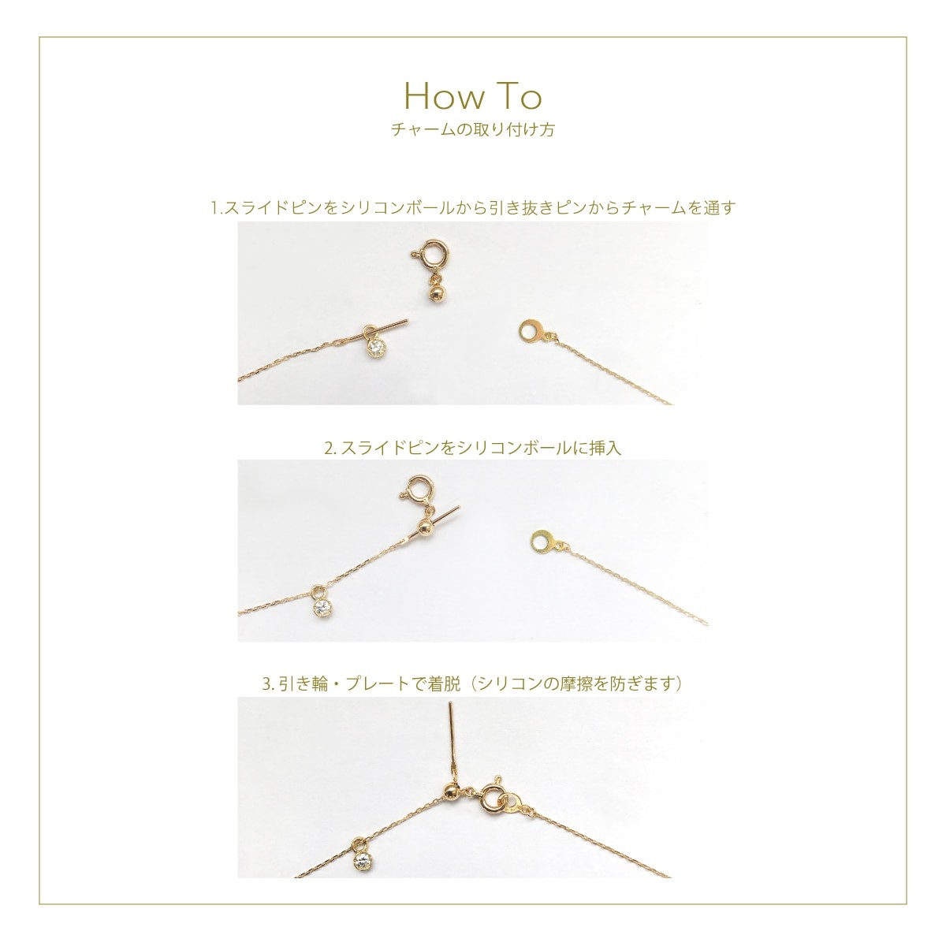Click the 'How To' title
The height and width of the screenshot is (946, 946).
pos(473,96)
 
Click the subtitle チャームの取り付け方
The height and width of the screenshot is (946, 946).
pos(473,130)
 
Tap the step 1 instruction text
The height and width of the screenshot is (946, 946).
pos(473,208)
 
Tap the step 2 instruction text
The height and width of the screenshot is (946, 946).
pos(473,447)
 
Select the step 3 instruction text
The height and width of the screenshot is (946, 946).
pos(472,683)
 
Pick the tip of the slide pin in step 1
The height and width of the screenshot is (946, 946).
pos(407,322)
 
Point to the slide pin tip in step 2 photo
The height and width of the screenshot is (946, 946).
pos(458,508)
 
